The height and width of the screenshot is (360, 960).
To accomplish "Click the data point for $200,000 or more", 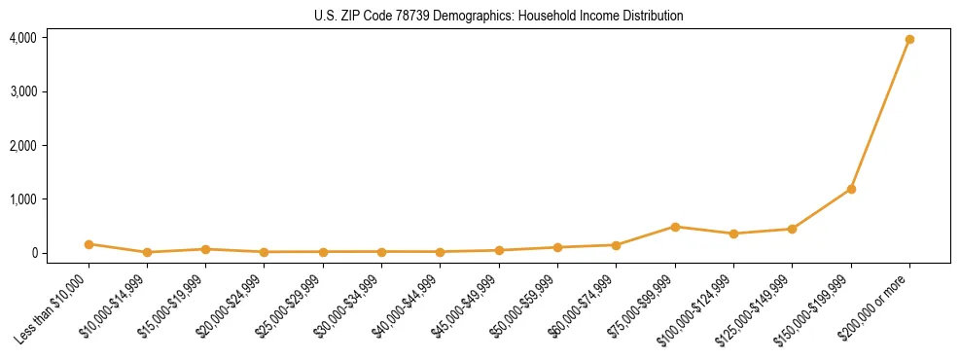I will tap(909, 40).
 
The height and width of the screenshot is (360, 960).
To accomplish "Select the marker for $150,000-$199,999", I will tap(851, 189).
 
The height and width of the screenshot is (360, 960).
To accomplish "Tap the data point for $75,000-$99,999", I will tap(675, 227).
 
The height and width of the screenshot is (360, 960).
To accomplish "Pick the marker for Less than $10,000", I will tap(89, 244).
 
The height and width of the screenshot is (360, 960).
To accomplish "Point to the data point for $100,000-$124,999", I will tap(733, 234).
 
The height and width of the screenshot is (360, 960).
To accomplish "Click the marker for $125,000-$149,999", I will tap(792, 229).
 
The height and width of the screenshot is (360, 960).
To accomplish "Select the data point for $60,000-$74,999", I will tap(616, 245).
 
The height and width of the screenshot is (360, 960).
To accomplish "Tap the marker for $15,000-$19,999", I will tap(205, 249).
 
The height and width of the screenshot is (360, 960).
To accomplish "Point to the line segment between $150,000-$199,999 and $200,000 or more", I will tap(880, 115).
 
